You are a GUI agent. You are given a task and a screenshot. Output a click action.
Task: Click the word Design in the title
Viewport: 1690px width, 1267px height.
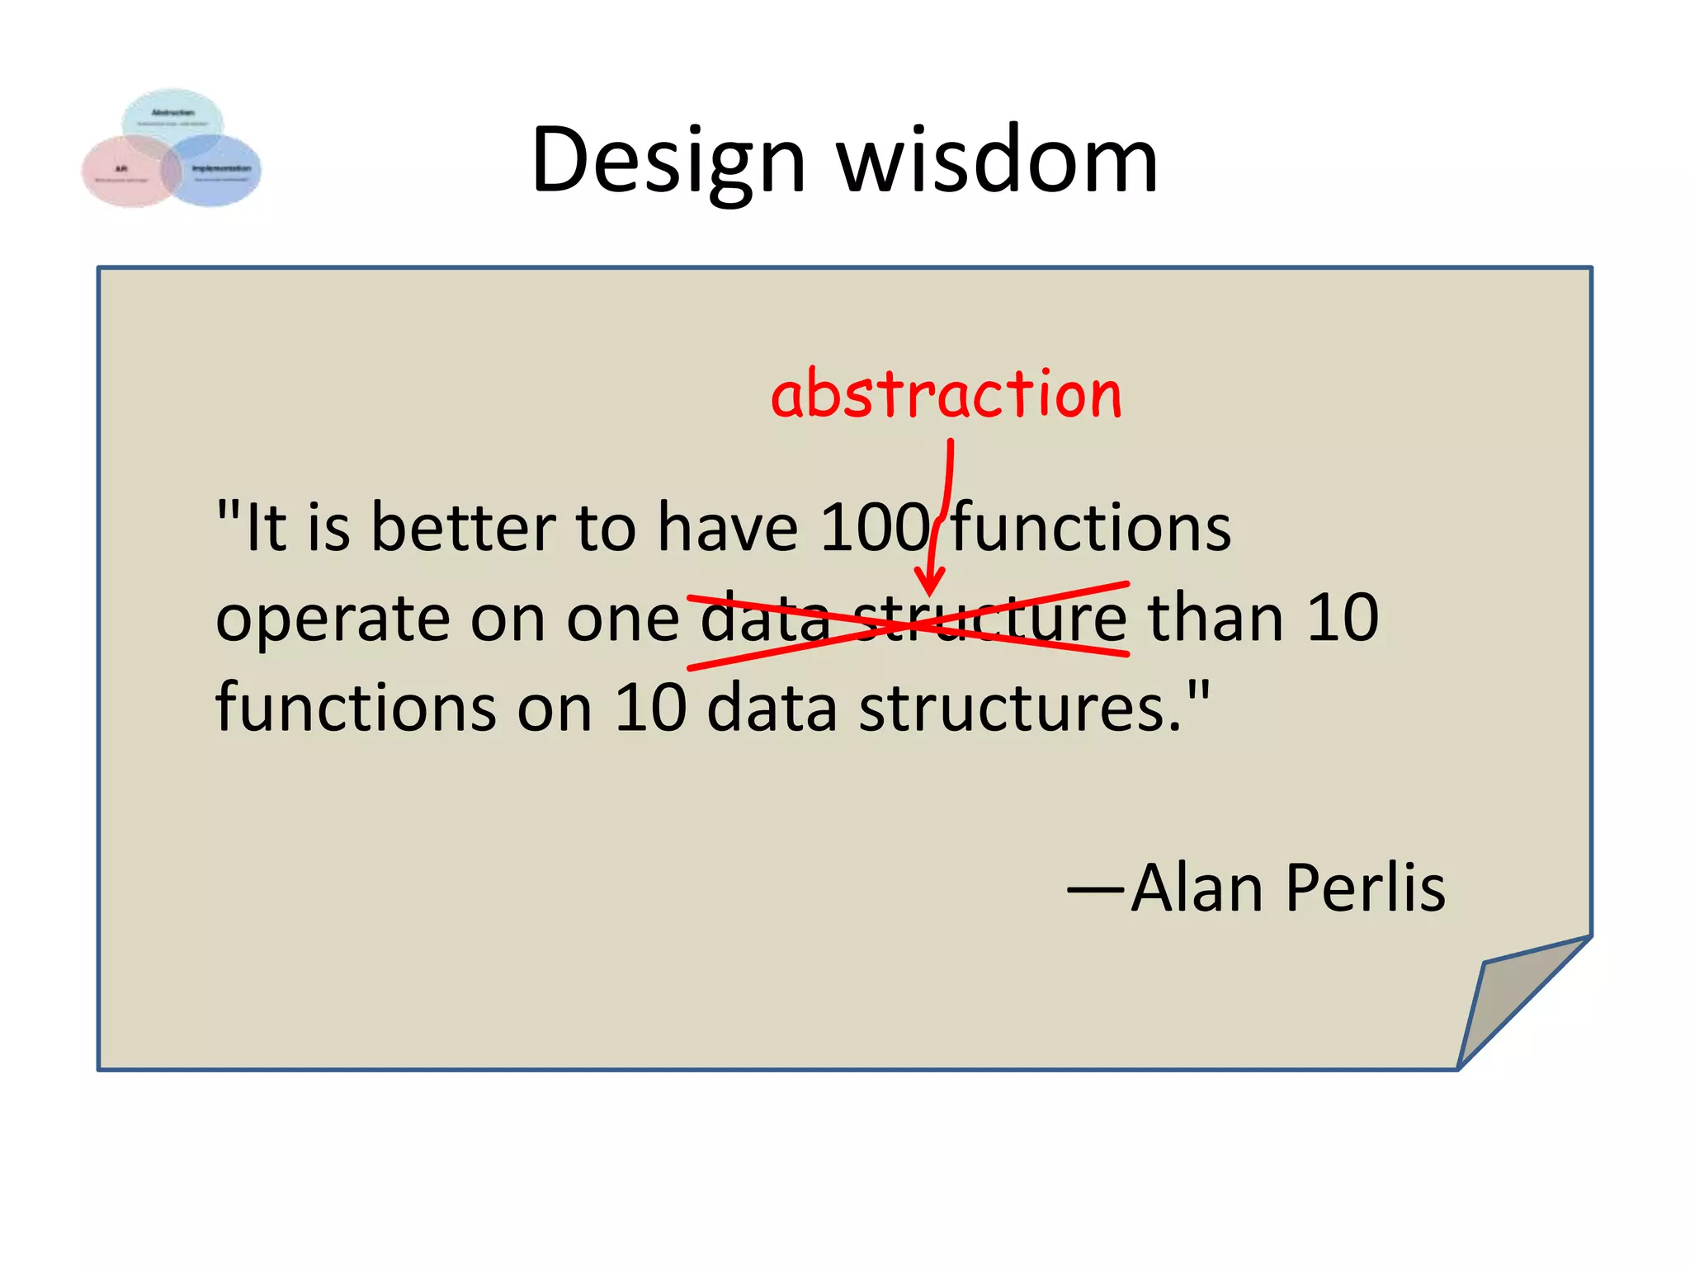pyautogui.click(x=668, y=162)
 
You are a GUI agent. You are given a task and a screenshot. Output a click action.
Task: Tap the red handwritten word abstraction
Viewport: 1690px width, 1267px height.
pyautogui.click(x=946, y=394)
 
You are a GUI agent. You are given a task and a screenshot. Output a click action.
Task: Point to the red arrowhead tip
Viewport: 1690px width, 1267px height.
pyautogui.click(x=930, y=592)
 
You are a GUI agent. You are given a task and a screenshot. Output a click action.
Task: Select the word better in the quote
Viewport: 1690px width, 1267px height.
pyautogui.click(x=463, y=528)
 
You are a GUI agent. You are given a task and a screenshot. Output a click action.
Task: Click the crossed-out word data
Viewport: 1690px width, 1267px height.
pyautogui.click(x=765, y=619)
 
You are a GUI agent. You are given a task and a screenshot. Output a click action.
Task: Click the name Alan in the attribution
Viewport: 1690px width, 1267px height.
pyautogui.click(x=1197, y=888)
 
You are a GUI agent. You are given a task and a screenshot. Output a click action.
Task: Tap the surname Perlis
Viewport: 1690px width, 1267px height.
pyautogui.click(x=1366, y=888)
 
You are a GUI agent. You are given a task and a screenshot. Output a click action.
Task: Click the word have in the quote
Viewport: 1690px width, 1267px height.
pyautogui.click(x=727, y=528)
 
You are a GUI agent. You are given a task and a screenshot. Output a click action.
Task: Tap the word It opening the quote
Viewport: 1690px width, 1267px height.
pyautogui.click(x=265, y=528)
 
